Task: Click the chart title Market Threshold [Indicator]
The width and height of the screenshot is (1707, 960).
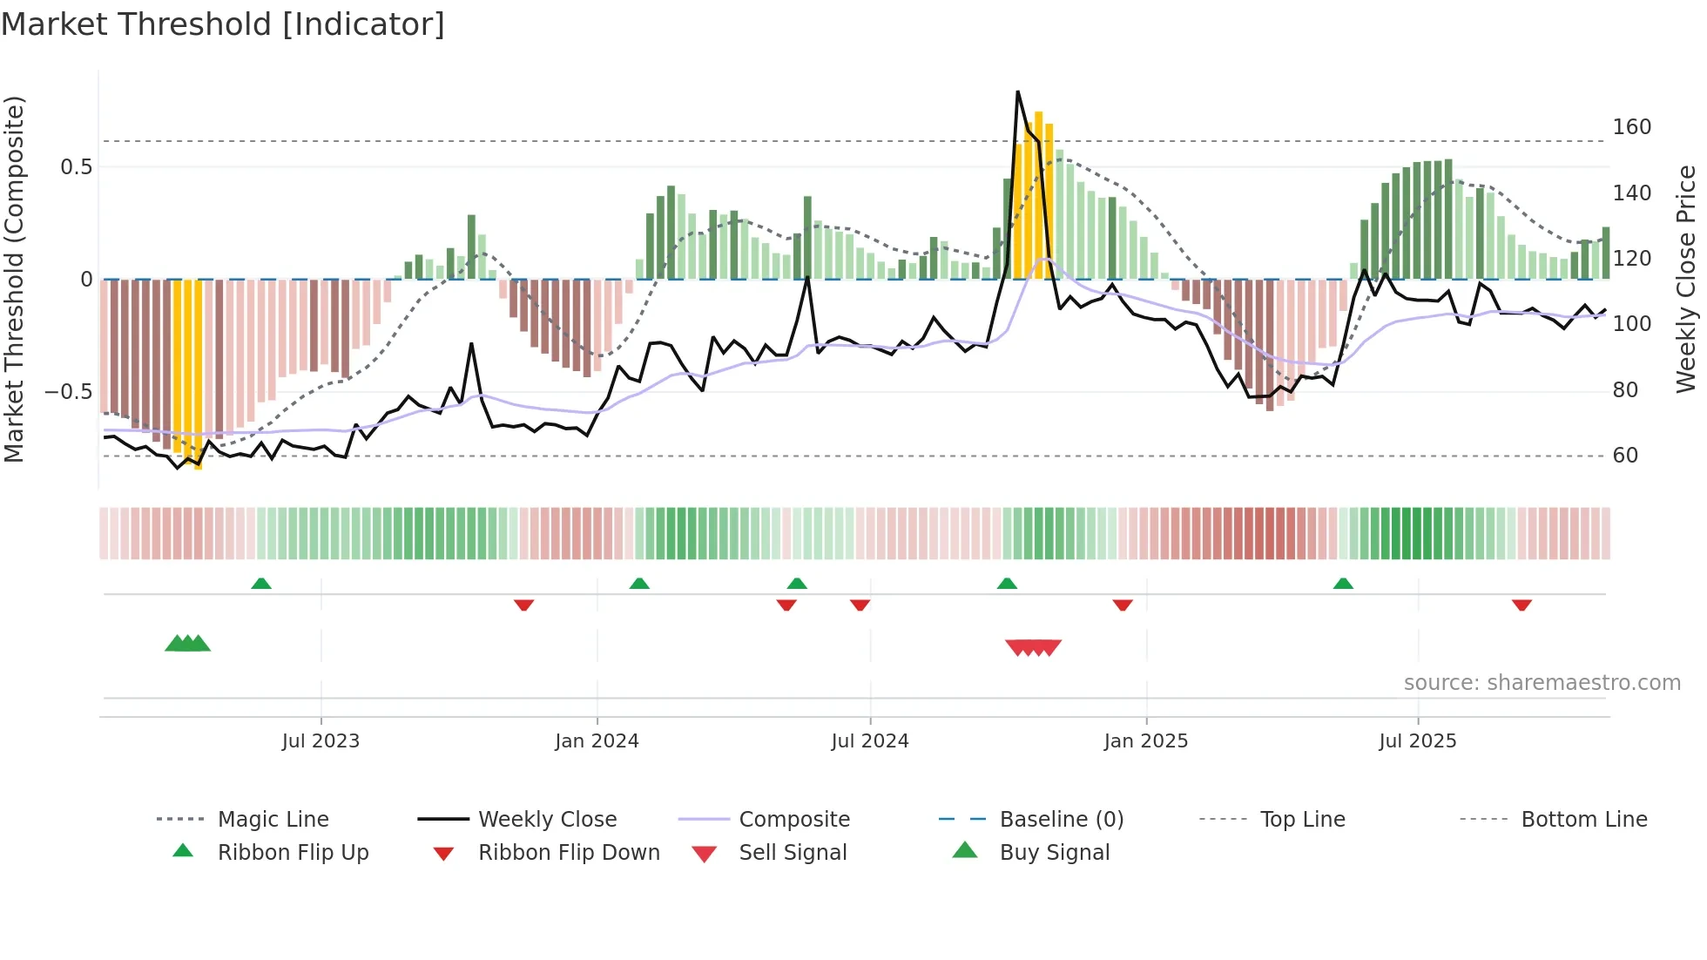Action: tap(223, 24)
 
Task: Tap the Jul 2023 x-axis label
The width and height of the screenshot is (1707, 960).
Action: tap(320, 741)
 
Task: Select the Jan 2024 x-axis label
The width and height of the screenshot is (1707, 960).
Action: tap(597, 741)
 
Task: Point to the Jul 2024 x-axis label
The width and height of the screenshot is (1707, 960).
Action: tap(869, 741)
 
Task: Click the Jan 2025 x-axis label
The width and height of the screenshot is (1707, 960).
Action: tap(1145, 741)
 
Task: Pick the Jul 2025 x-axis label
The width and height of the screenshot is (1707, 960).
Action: tap(1417, 741)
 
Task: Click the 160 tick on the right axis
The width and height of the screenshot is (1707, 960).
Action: tap(1631, 127)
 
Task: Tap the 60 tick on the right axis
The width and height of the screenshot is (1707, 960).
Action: tap(1625, 456)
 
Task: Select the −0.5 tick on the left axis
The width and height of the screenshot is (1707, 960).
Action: tap(69, 392)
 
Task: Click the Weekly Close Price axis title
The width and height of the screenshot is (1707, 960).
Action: tap(1686, 279)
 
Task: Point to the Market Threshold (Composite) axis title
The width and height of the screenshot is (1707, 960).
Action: tap(14, 279)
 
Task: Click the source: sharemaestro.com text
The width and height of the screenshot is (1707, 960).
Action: tap(1542, 683)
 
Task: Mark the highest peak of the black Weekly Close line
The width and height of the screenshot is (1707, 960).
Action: tap(1017, 92)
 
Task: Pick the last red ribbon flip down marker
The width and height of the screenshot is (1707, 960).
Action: tap(1521, 605)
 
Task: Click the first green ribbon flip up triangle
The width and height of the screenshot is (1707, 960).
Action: tap(261, 583)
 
